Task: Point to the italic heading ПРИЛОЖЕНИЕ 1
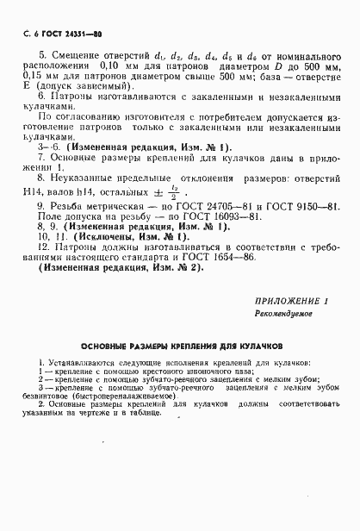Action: click(x=292, y=301)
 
